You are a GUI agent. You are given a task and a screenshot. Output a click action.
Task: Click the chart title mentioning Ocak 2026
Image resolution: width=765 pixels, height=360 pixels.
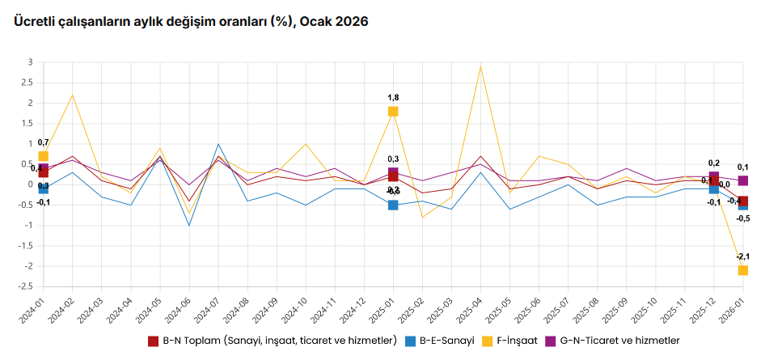click(191, 22)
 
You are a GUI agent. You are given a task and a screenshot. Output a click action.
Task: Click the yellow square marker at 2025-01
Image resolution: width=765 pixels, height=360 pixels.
click(393, 112)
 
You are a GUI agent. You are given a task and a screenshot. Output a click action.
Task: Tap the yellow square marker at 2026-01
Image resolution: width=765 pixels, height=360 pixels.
click(742, 270)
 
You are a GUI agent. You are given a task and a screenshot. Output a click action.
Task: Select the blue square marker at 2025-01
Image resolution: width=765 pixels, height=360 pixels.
click(393, 205)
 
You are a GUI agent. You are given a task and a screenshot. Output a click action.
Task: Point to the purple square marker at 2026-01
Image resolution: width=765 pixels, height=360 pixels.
click(742, 180)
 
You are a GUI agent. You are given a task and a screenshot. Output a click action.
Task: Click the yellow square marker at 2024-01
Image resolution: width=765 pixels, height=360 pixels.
click(43, 156)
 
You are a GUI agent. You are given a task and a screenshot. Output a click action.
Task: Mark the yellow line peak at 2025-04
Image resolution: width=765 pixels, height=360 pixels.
click(480, 66)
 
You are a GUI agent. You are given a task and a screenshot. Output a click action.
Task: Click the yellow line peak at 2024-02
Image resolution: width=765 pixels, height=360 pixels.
click(72, 95)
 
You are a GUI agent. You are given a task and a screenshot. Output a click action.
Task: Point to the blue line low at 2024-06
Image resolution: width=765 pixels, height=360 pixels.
click(189, 225)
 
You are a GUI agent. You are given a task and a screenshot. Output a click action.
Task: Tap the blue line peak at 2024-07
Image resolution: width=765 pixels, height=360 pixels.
click(218, 144)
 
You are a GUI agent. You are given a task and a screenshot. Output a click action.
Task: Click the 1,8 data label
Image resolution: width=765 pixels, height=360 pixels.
click(393, 97)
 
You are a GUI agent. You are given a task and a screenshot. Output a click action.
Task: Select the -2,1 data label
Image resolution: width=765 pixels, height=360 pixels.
click(742, 256)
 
